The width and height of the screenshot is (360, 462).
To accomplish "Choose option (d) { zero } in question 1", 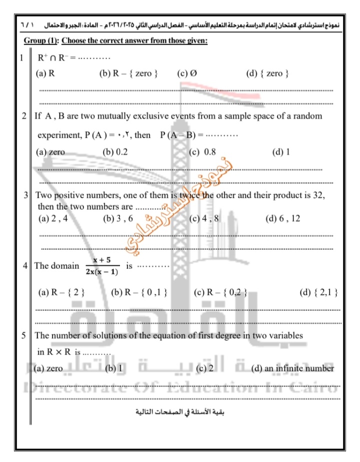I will pyautogui.click(x=267, y=74).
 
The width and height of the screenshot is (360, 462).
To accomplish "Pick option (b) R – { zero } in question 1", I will pyautogui.click(x=128, y=74).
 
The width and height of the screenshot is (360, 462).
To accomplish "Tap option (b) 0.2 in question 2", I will pyautogui.click(x=115, y=152).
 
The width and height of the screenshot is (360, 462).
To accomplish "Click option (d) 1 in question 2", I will pyautogui.click(x=280, y=152).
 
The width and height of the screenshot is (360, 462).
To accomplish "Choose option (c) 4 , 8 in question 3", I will pyautogui.click(x=204, y=219).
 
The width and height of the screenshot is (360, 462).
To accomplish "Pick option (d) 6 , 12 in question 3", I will pyautogui.click(x=283, y=219).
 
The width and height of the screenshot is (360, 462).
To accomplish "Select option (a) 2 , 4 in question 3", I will pyautogui.click(x=52, y=219).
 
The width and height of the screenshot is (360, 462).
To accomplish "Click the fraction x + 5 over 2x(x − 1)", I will pyautogui.click(x=101, y=265).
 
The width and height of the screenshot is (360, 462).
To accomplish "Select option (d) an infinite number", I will pyautogui.click(x=292, y=368).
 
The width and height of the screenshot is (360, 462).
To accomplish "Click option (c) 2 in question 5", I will pyautogui.click(x=204, y=368).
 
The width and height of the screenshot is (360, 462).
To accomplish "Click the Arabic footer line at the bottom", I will pyautogui.click(x=180, y=412).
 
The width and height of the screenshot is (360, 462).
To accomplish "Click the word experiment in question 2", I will pyautogui.click(x=58, y=135).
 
